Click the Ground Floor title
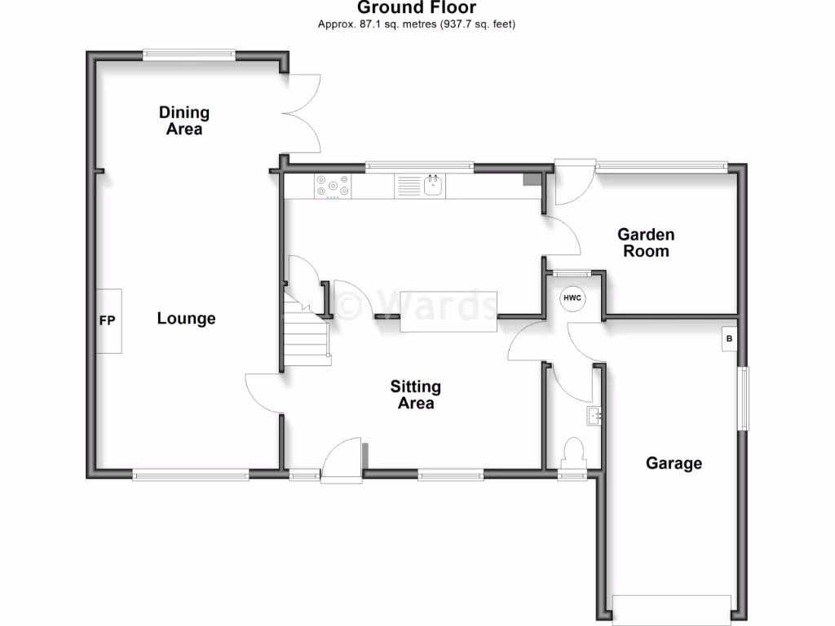click(x=417, y=8)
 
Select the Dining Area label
click(x=184, y=121)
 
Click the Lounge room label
click(x=186, y=319)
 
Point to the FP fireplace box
click(x=108, y=320)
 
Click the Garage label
click(x=674, y=464)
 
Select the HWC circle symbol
click(x=572, y=299)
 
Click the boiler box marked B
click(x=729, y=339)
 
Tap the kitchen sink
click(x=432, y=186)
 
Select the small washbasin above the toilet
click(x=594, y=417)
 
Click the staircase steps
click(x=307, y=334)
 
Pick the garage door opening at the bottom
click(x=672, y=607)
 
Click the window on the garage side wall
click(x=743, y=398)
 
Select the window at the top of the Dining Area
click(x=189, y=55)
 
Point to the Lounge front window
click(x=191, y=474)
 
